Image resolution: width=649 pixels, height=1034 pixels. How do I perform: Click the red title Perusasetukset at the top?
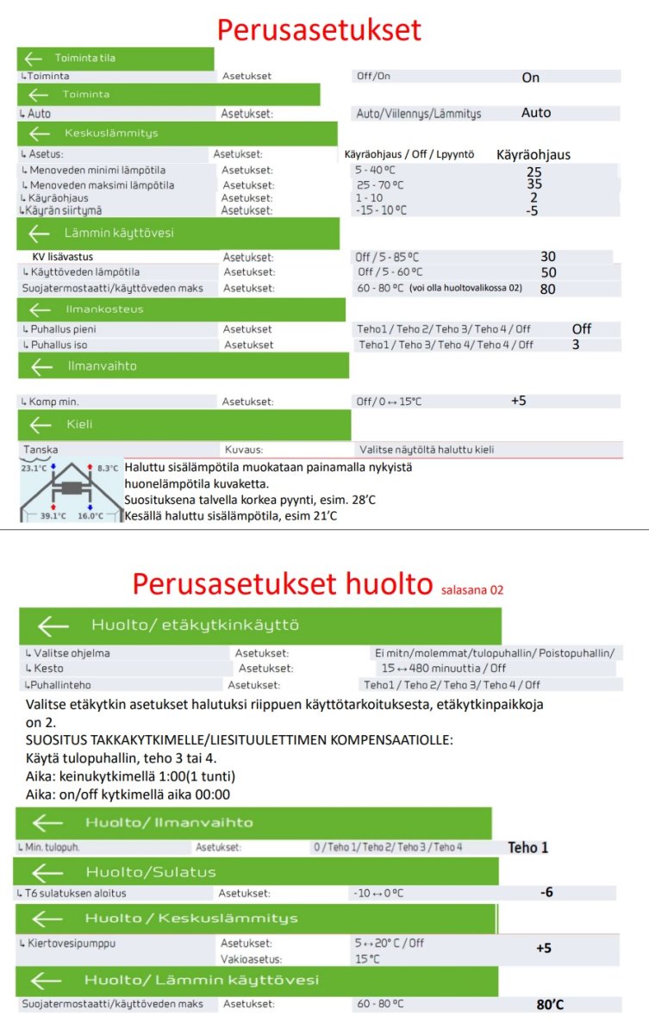click(319, 30)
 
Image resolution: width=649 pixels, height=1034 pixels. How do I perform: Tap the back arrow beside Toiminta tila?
click(34, 59)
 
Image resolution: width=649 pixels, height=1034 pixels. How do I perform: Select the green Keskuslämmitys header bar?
click(177, 134)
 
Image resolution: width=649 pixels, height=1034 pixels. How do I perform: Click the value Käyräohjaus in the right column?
click(534, 155)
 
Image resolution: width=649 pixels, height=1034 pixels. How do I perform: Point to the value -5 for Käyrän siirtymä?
click(532, 210)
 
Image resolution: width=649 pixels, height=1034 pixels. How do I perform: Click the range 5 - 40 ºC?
click(380, 171)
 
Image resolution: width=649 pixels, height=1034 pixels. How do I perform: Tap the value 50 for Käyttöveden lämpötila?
click(548, 272)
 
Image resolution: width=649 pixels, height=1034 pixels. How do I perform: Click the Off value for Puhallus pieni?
click(582, 329)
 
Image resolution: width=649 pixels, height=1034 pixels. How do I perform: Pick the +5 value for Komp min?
click(518, 401)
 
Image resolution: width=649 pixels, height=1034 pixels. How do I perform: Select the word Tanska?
click(41, 450)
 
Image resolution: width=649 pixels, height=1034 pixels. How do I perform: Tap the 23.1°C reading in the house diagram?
click(34, 468)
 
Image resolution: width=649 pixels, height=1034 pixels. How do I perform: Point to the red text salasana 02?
click(471, 590)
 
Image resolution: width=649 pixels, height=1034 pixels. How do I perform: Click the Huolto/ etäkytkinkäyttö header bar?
click(259, 626)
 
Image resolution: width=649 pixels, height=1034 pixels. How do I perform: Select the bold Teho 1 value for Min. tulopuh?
click(527, 848)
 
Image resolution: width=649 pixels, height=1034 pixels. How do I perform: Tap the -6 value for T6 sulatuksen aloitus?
click(546, 893)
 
